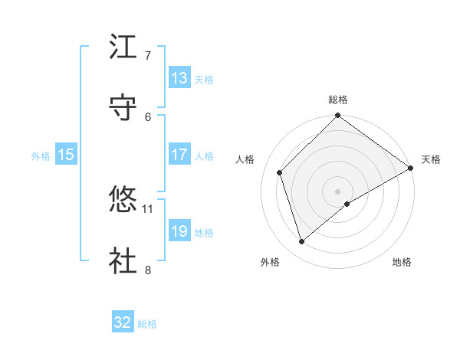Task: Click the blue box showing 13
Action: point(179,78)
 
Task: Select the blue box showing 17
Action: point(179,155)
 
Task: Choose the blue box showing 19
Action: point(179,231)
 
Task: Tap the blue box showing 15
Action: point(66,155)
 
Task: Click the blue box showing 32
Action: point(123,322)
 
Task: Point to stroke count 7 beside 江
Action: point(148,56)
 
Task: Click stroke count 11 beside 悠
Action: point(148,208)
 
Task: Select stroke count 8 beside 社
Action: point(148,269)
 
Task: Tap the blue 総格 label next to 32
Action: point(147,324)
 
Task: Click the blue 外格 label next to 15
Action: point(41,155)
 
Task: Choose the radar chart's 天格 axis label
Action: point(431,159)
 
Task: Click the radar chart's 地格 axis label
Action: point(402,262)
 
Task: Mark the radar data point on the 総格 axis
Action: point(337,116)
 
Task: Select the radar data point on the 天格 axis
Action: point(410,169)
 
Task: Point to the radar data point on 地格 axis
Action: point(347,204)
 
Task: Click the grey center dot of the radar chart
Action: point(337,191)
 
